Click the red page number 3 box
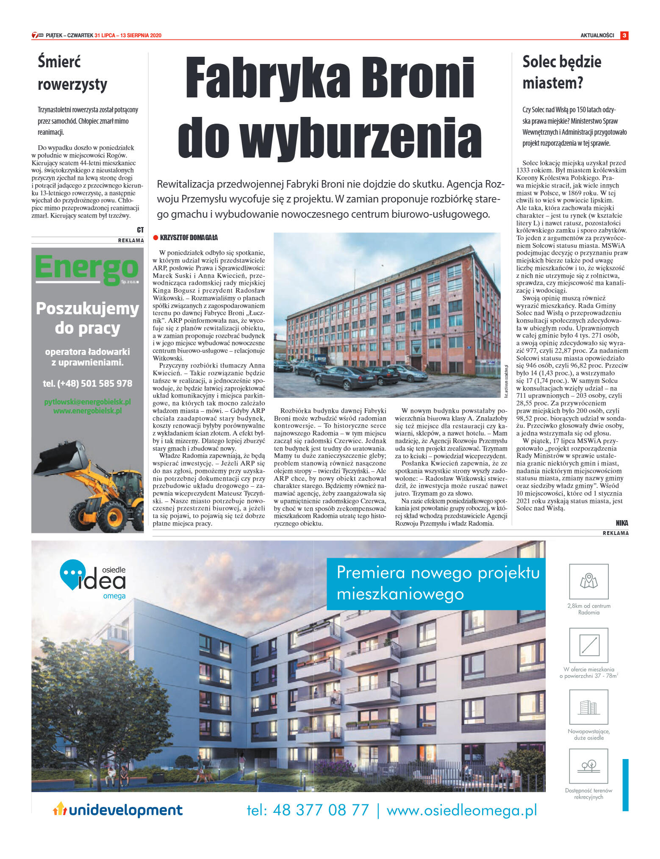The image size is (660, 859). tap(624, 36)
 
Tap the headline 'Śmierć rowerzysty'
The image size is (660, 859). tap(72, 73)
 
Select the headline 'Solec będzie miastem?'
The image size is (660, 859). tap(562, 72)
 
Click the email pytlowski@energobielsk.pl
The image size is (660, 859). tap(87, 402)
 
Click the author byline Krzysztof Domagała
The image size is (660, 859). tap(189, 238)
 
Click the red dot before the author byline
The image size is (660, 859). tap(155, 238)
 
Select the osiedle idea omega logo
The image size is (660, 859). tap(93, 580)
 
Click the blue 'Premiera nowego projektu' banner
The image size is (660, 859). tap(436, 583)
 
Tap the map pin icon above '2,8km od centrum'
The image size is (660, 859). tap(588, 581)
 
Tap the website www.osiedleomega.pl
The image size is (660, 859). tap(462, 810)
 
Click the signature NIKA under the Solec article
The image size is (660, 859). tap(622, 523)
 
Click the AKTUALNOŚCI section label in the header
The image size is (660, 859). tap(597, 36)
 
